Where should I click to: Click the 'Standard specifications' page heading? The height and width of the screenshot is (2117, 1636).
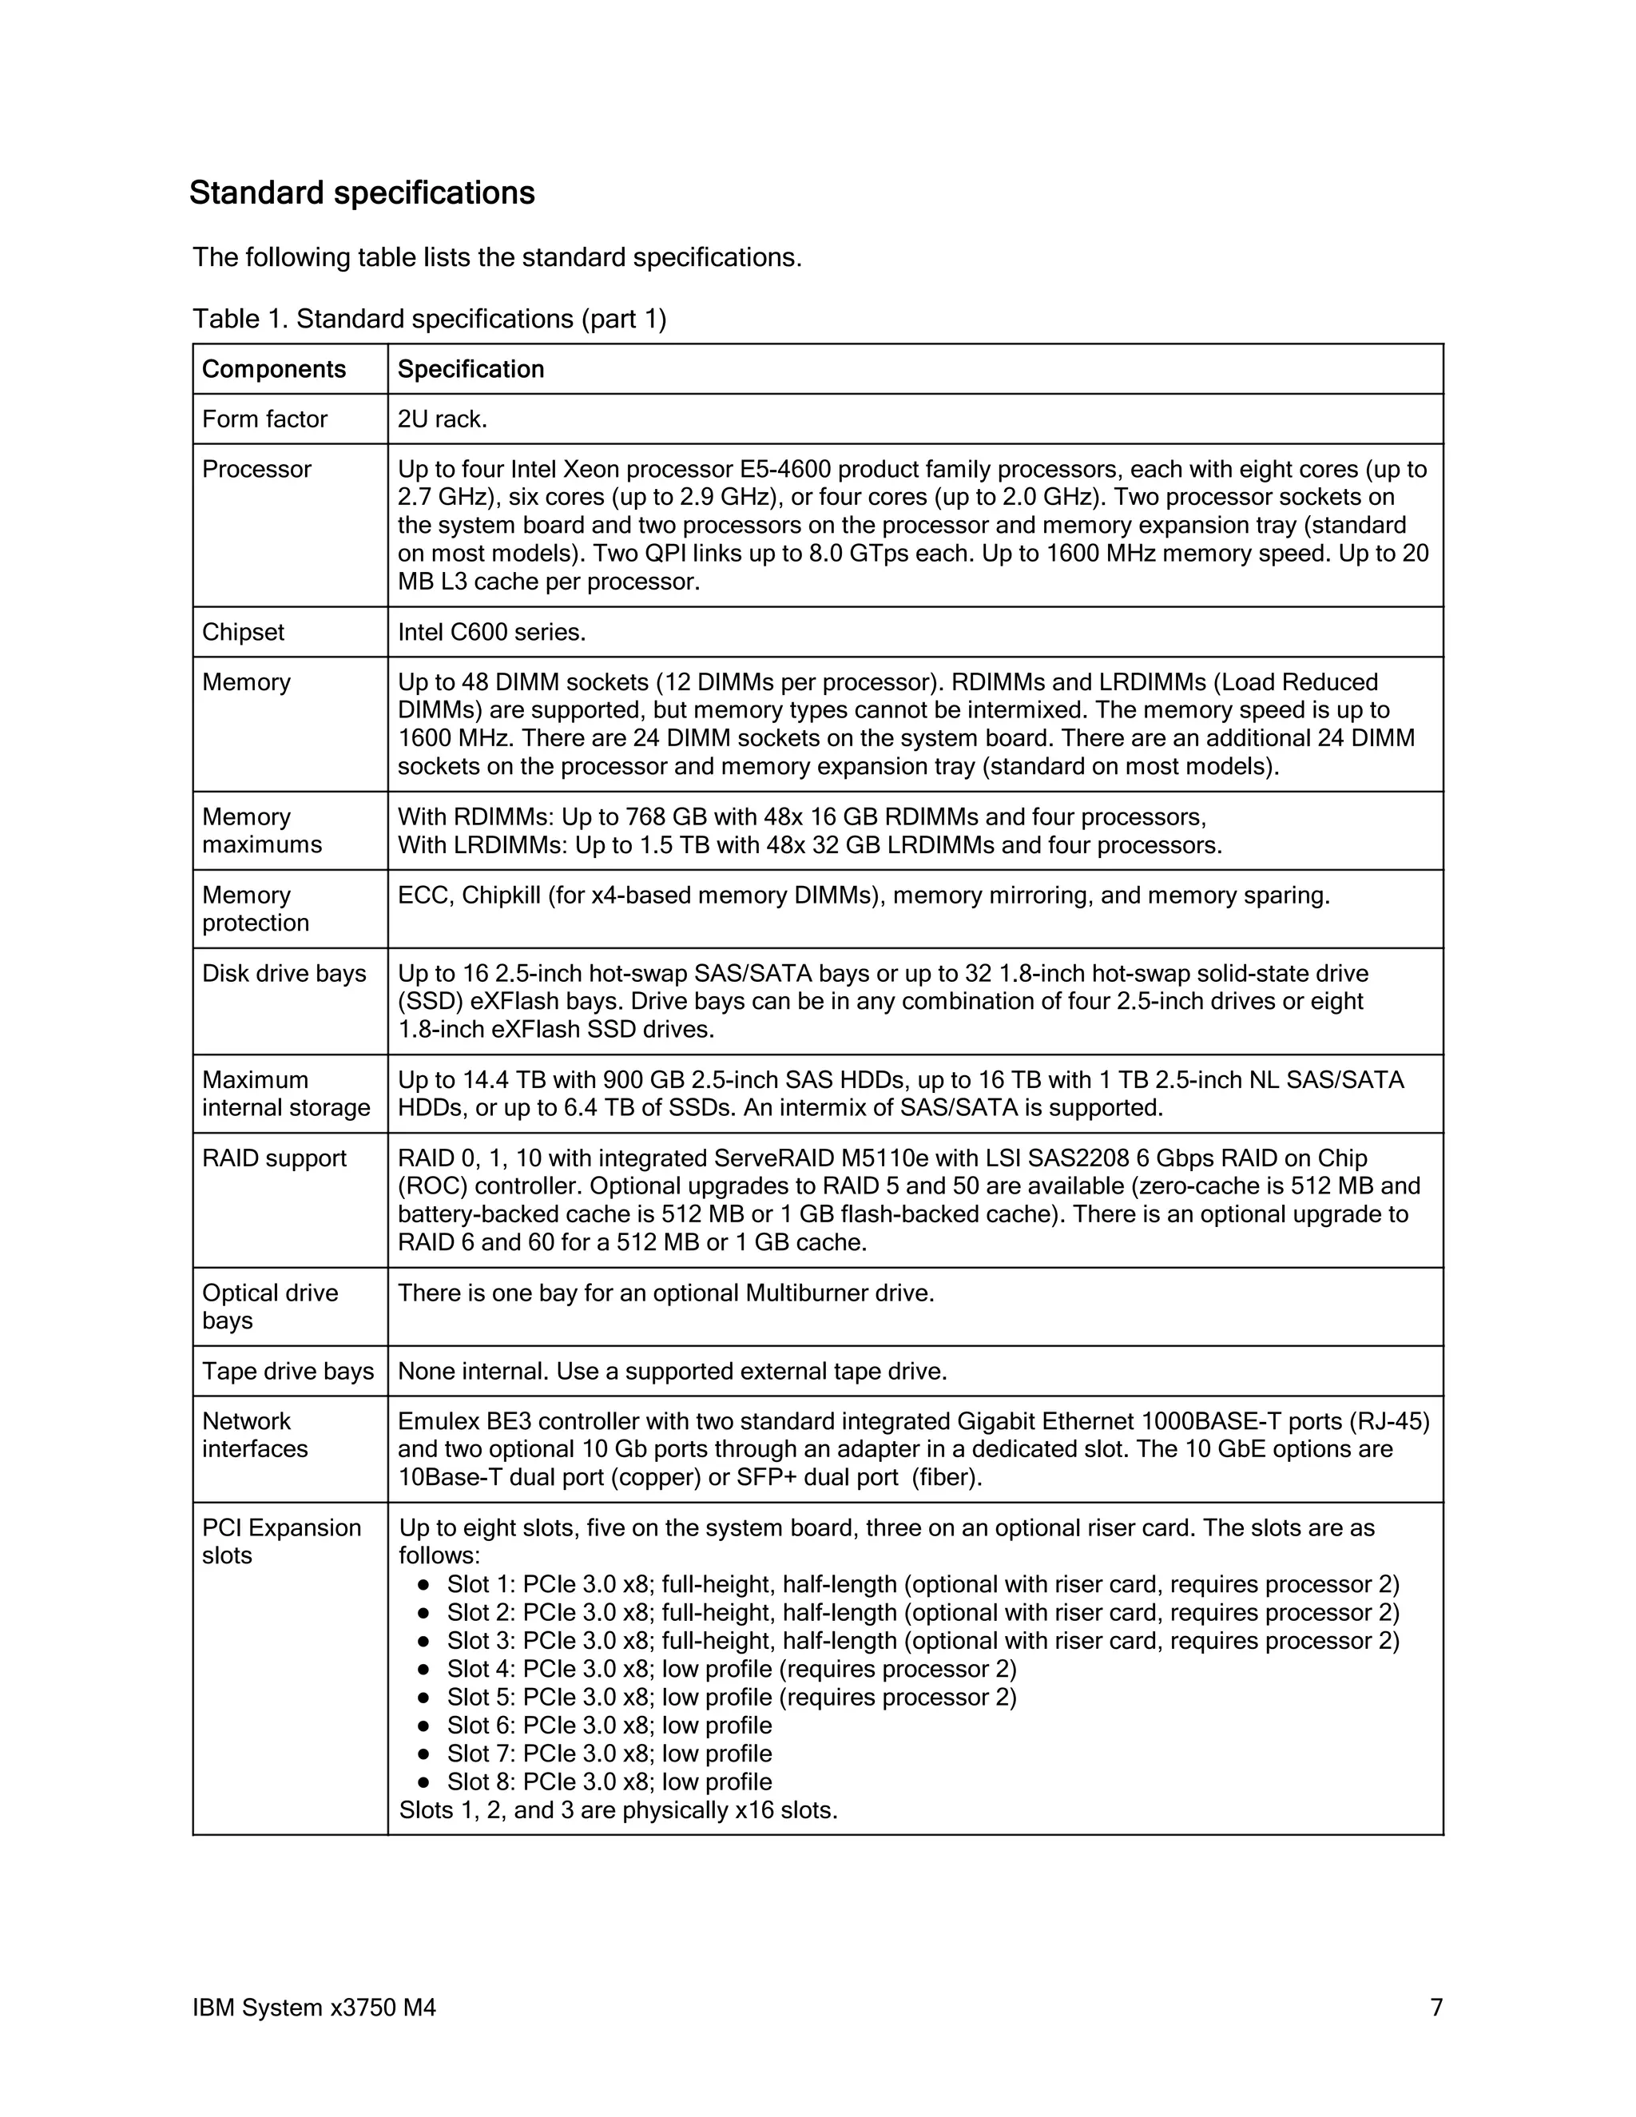(362, 193)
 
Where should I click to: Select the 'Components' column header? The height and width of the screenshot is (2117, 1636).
(273, 369)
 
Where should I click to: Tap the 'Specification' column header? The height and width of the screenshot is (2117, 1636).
(471, 369)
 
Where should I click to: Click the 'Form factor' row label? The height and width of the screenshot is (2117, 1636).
(264, 419)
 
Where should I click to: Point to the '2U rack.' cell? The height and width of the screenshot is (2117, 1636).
(442, 419)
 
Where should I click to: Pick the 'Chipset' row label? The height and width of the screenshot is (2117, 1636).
(244, 632)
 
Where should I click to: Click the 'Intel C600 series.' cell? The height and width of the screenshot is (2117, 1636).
(491, 632)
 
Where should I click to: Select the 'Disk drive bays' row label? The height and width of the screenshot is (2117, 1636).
(284, 973)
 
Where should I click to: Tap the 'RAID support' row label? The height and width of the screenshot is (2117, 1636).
(274, 1158)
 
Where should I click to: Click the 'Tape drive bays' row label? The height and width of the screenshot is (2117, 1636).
(288, 1371)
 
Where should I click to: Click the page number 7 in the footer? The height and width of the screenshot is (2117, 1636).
(1436, 2008)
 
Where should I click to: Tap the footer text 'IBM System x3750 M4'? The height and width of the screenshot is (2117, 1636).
(314, 2008)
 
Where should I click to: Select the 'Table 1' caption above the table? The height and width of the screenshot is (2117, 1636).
(429, 318)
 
